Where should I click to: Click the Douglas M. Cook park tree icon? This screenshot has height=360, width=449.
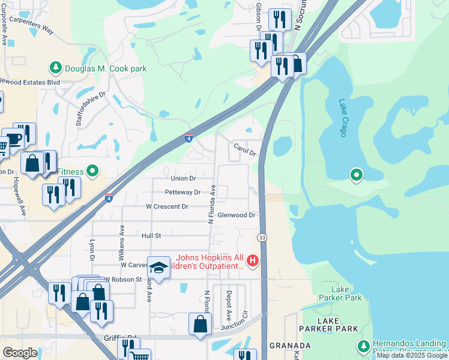click(x=56, y=68)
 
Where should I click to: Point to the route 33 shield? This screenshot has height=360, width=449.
click(x=262, y=238)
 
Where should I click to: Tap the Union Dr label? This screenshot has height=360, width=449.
click(x=183, y=178)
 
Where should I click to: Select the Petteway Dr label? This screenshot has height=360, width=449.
click(x=182, y=193)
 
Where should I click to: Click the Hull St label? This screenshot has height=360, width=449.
click(x=151, y=236)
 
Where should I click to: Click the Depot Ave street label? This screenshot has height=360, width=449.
click(x=229, y=306)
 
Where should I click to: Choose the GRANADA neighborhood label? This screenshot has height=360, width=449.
click(x=290, y=346)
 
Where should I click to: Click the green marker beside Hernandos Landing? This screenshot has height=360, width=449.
click(x=363, y=346)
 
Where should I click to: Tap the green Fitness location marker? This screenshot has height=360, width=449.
click(x=92, y=172)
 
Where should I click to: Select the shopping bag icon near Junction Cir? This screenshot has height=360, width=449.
click(x=200, y=324)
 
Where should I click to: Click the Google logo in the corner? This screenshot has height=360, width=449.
click(x=20, y=353)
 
